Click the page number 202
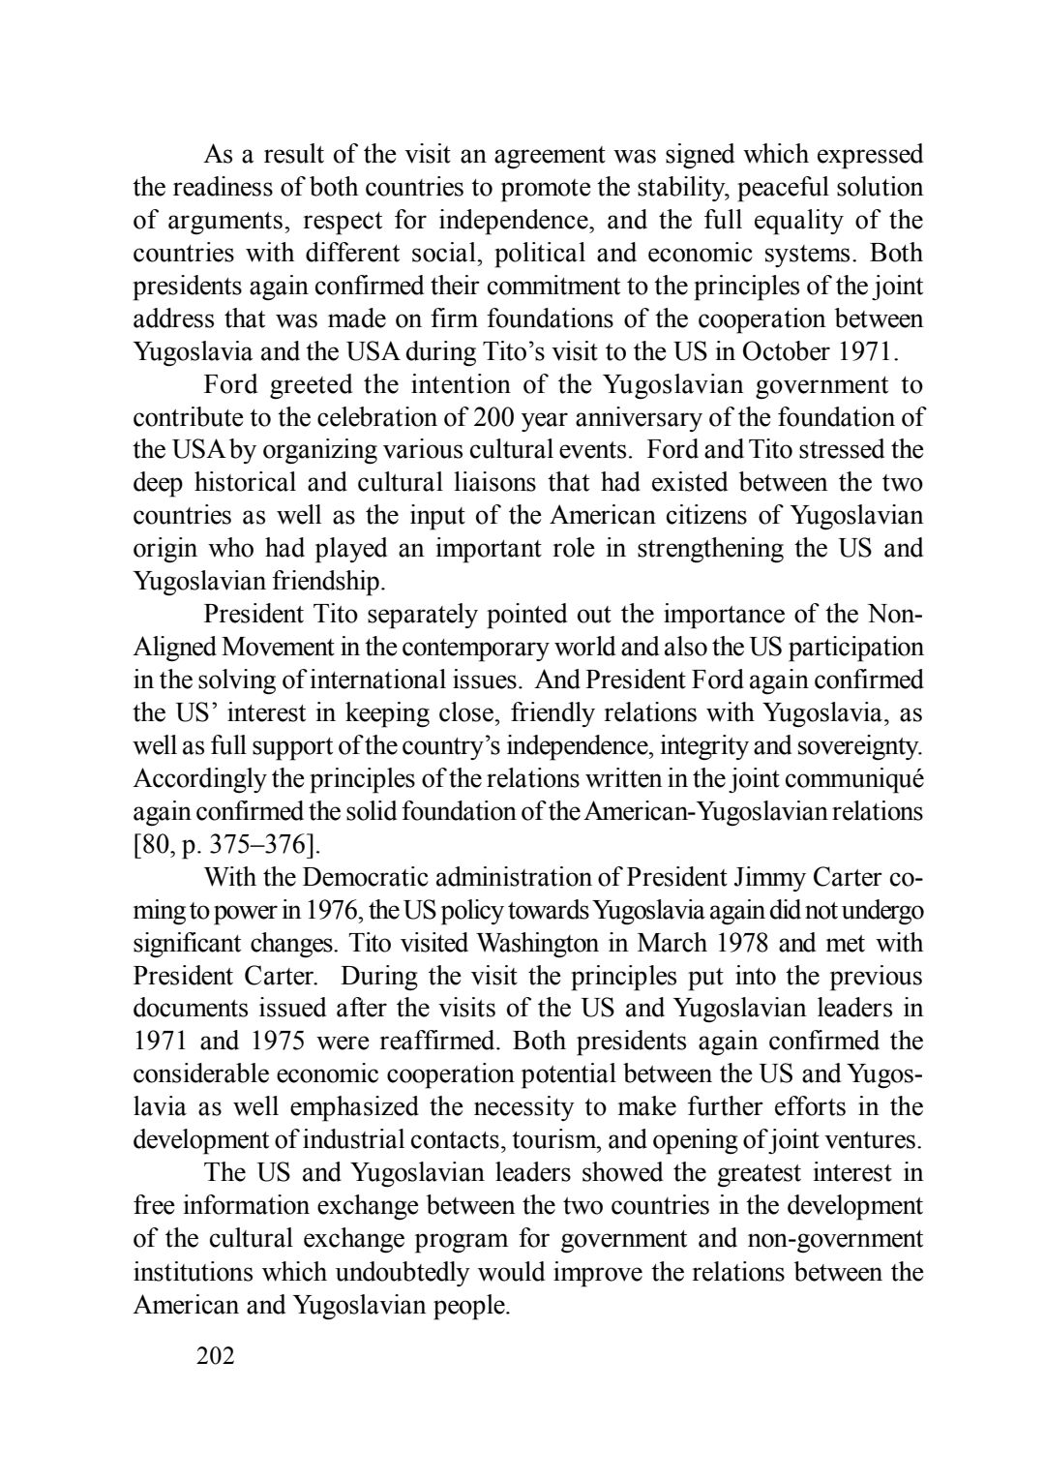tap(215, 1356)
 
